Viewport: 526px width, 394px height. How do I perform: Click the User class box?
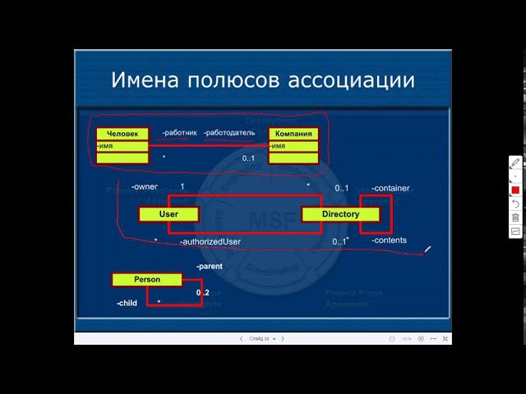[169, 214]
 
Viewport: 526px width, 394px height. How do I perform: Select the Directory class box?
[341, 214]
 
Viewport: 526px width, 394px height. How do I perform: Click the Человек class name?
[122, 134]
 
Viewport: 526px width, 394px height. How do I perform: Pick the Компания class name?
[293, 134]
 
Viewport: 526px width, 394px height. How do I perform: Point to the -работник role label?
[179, 133]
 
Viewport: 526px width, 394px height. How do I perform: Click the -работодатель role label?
[231, 133]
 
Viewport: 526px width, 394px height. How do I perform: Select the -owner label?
[144, 188]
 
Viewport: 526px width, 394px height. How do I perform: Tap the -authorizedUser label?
[210, 241]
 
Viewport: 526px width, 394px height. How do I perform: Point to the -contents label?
[389, 241]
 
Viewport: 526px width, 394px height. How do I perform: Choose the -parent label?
[210, 267]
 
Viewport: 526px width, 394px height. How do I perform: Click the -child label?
[127, 303]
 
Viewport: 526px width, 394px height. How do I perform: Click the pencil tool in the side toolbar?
[515, 163]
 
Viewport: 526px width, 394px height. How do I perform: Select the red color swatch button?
[515, 190]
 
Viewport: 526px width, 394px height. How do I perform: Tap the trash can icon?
[515, 218]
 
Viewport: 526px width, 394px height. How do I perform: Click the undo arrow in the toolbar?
[515, 204]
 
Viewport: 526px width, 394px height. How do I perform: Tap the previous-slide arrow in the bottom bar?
[241, 338]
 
